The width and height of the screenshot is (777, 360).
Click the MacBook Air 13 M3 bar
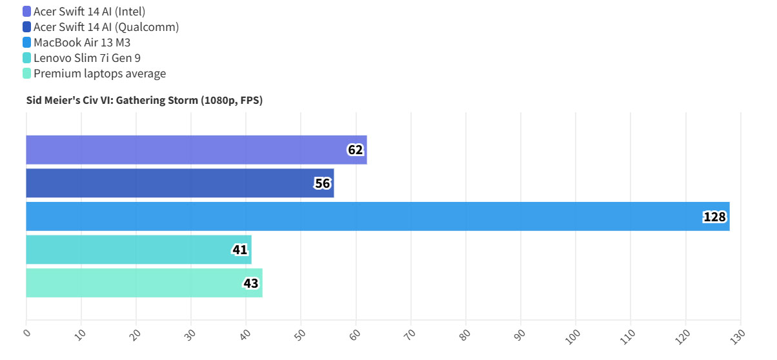click(x=378, y=216)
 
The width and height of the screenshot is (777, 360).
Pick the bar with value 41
click(x=138, y=250)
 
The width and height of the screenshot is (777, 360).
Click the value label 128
click(x=714, y=217)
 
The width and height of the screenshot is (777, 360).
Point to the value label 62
click(x=356, y=150)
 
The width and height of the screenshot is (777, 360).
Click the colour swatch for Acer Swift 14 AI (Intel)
click(x=26, y=11)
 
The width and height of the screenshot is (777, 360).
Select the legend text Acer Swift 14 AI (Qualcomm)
click(x=106, y=26)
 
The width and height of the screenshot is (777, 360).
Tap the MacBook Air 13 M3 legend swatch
click(x=26, y=43)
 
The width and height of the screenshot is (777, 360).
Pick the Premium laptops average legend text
click(x=100, y=74)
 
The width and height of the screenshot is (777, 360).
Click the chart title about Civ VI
click(x=144, y=100)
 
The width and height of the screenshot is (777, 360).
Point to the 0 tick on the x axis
click(x=26, y=333)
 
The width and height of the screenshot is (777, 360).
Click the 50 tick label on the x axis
click(x=300, y=334)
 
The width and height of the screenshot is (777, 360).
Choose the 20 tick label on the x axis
click(x=136, y=334)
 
